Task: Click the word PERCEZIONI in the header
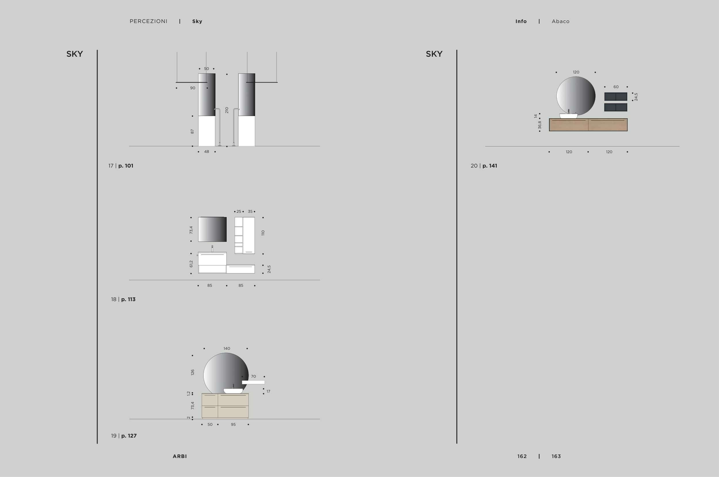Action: click(x=148, y=21)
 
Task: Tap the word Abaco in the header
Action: click(x=561, y=21)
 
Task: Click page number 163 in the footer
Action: click(x=556, y=456)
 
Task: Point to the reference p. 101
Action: click(x=126, y=166)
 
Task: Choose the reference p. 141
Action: click(x=490, y=166)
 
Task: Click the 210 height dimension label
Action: click(x=227, y=110)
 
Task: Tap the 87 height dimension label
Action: click(x=192, y=132)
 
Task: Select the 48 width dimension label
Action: click(x=207, y=151)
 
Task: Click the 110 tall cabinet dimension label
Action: click(x=263, y=233)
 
